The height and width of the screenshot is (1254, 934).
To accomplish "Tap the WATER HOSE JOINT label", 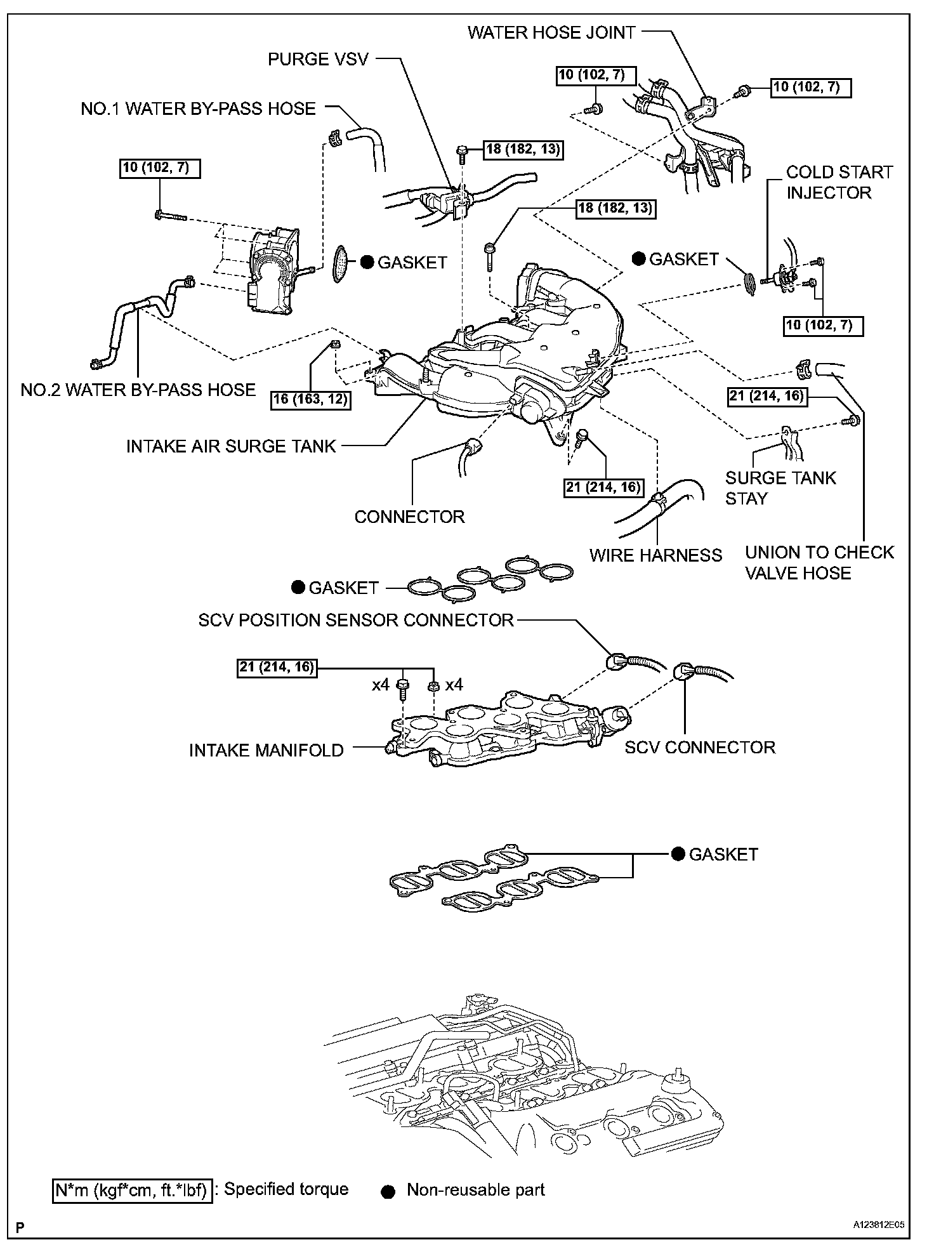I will click(551, 33).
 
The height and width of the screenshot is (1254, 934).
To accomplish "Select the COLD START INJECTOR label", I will click(839, 182).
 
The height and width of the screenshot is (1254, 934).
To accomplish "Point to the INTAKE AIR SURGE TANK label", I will click(230, 446).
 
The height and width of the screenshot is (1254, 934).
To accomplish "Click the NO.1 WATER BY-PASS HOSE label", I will click(198, 109).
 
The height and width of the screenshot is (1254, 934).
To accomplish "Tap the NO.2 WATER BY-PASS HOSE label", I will click(138, 390).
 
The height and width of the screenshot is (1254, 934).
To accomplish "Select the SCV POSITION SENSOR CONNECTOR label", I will click(355, 620).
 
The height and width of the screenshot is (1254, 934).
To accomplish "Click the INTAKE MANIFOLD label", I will click(266, 750).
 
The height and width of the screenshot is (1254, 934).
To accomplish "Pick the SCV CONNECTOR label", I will click(699, 747).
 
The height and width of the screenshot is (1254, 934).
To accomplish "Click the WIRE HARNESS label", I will click(655, 555).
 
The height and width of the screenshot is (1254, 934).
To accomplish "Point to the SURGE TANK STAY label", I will click(780, 487).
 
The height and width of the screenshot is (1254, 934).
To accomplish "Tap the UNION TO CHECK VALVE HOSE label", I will click(819, 562).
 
